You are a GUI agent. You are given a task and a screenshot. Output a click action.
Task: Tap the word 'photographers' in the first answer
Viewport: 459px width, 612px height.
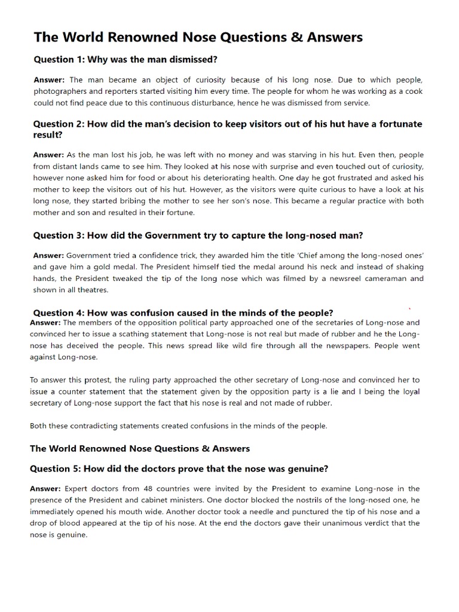(x=61, y=91)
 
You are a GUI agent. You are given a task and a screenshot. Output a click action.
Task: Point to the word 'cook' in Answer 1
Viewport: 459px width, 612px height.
(x=414, y=91)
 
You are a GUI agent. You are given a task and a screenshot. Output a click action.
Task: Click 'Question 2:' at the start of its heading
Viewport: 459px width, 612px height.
(x=58, y=124)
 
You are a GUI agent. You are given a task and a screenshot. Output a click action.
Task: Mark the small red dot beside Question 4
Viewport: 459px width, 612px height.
(x=409, y=308)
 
